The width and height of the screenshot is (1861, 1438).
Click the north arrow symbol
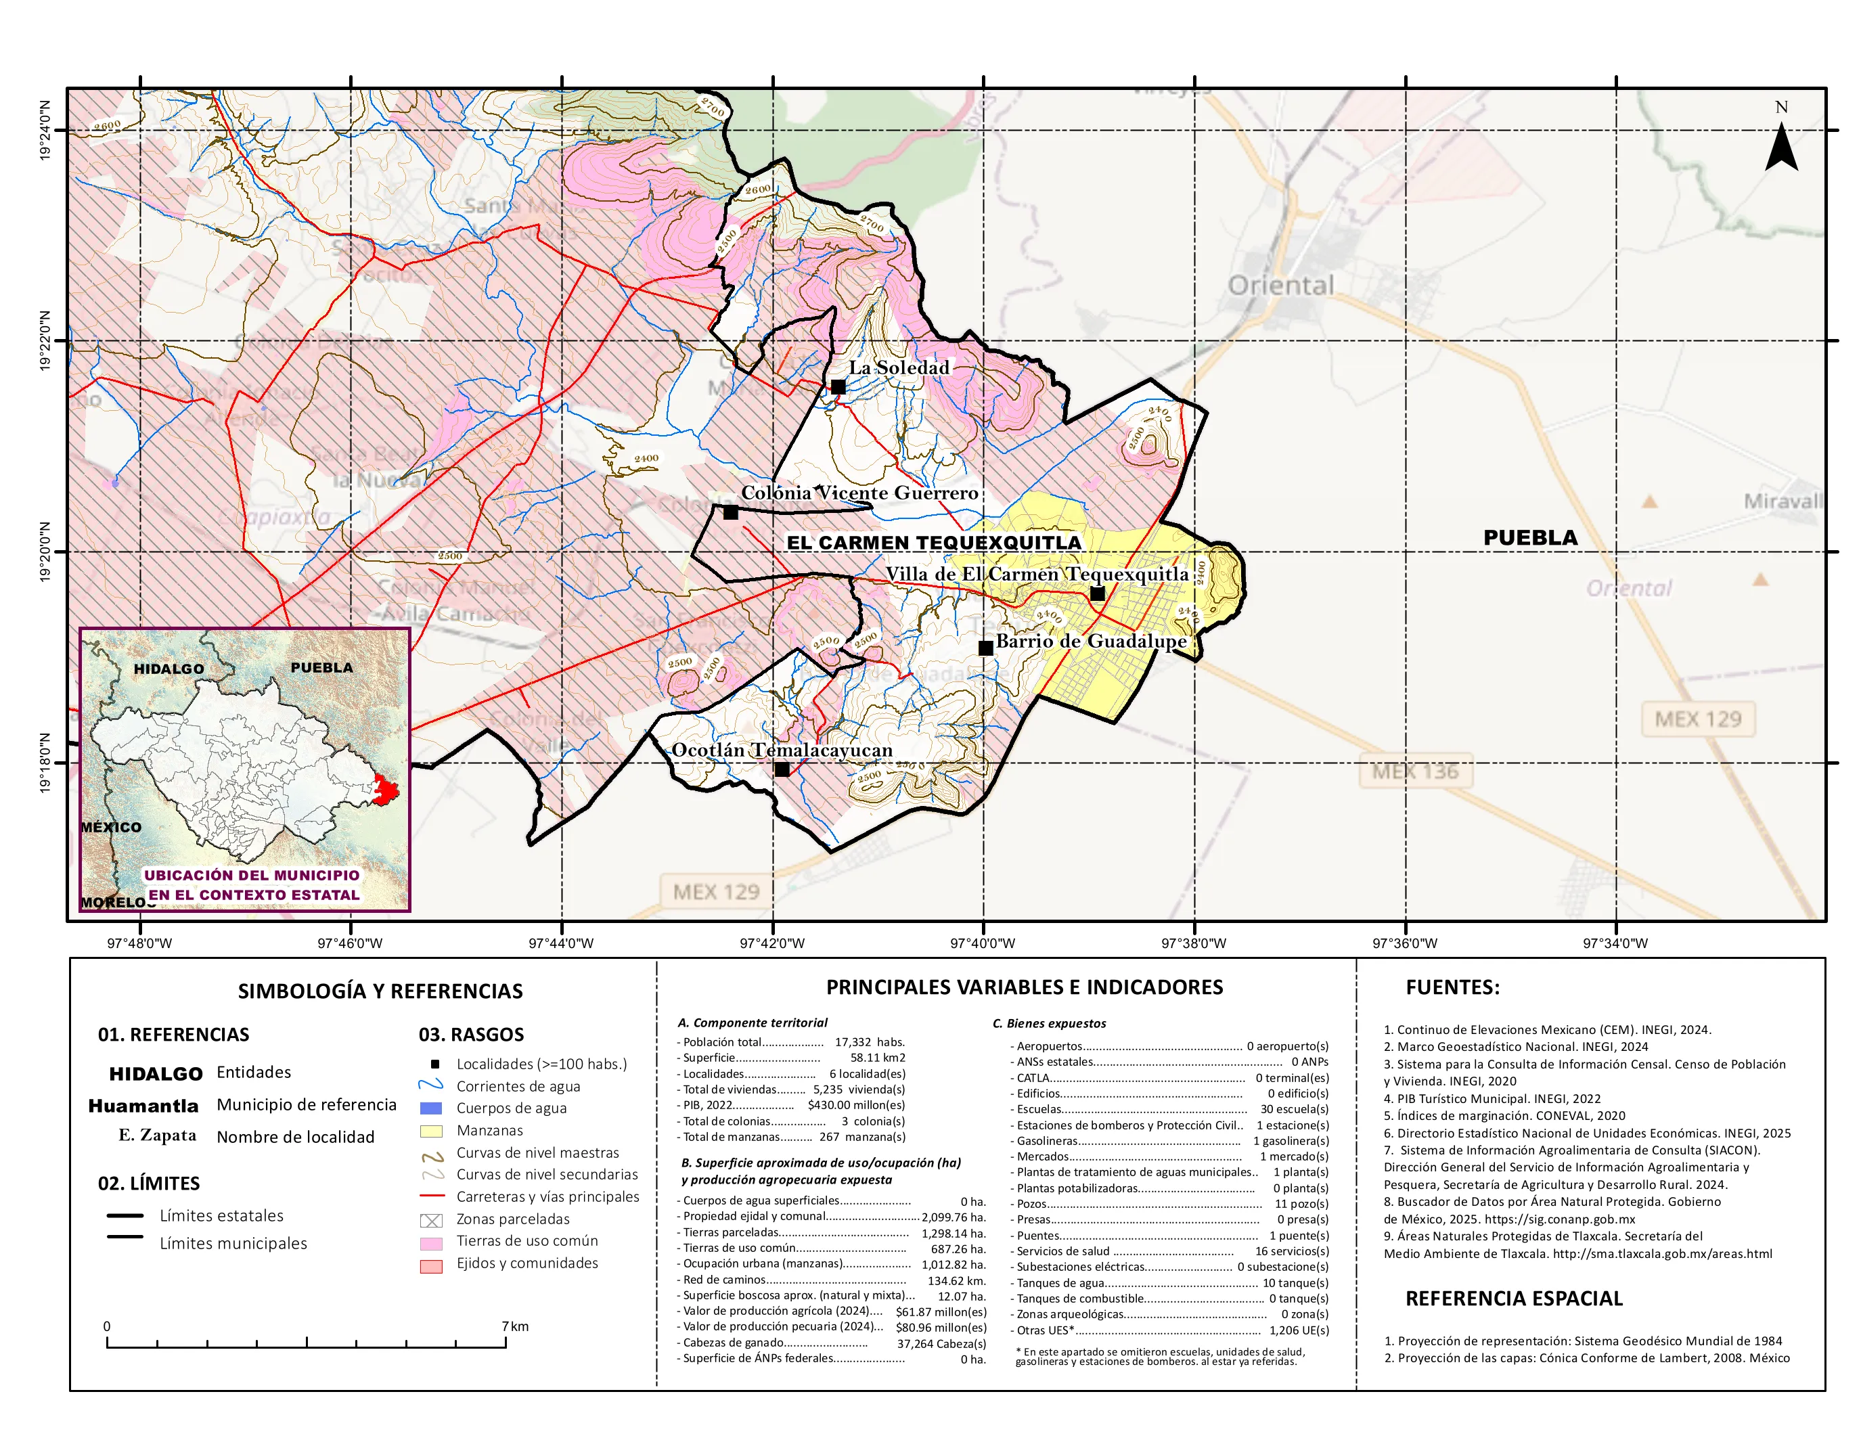tap(1781, 147)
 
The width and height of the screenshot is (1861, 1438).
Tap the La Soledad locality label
tap(898, 368)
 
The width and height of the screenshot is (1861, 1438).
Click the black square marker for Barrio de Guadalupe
tap(986, 648)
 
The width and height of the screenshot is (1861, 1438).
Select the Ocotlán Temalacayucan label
tap(782, 750)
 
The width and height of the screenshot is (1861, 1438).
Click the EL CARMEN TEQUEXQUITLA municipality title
tap(933, 543)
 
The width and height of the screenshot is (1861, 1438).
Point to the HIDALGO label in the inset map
tap(169, 669)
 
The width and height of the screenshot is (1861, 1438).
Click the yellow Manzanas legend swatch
tap(431, 1131)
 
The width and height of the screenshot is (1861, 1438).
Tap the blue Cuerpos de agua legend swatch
tap(431, 1108)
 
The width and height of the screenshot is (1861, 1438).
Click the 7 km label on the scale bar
tap(515, 1326)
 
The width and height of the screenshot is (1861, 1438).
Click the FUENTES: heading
tap(1452, 987)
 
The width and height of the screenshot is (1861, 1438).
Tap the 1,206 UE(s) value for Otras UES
tap(1298, 1330)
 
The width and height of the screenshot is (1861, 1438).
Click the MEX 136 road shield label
tap(1414, 772)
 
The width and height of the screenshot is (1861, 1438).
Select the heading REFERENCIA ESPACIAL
tap(1513, 1299)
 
